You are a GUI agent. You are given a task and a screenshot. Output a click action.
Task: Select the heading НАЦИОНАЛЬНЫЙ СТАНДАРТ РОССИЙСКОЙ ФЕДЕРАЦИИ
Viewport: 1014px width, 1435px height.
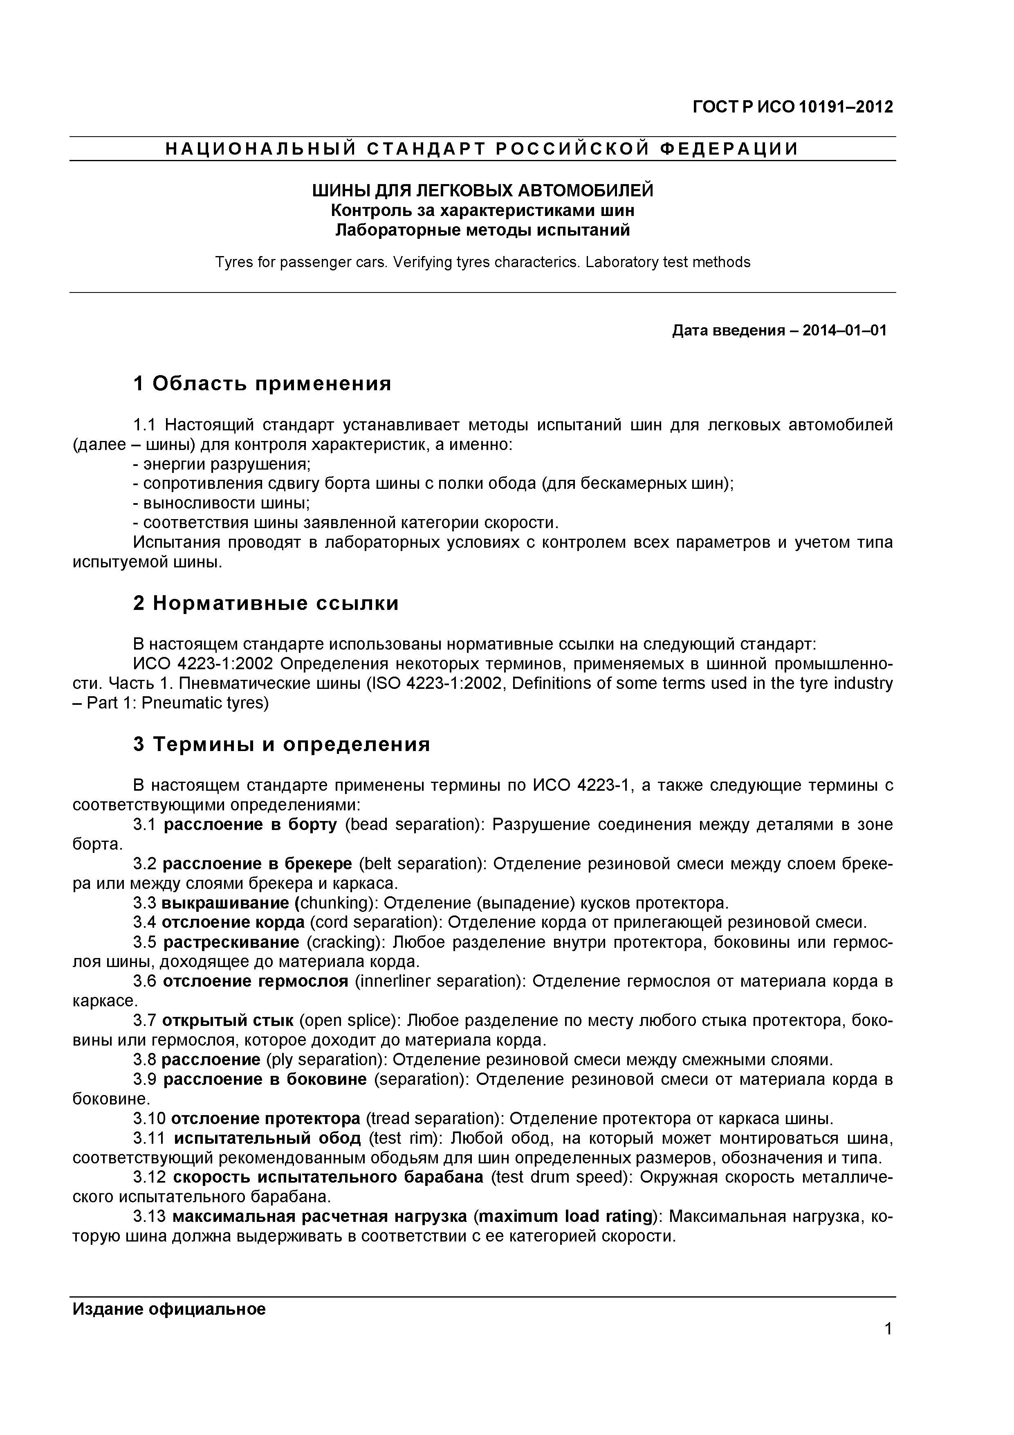click(x=482, y=149)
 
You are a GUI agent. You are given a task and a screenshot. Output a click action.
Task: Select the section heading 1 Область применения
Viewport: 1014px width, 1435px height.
click(x=262, y=383)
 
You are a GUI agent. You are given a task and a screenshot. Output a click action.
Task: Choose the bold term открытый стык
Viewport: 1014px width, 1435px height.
click(x=227, y=1021)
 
